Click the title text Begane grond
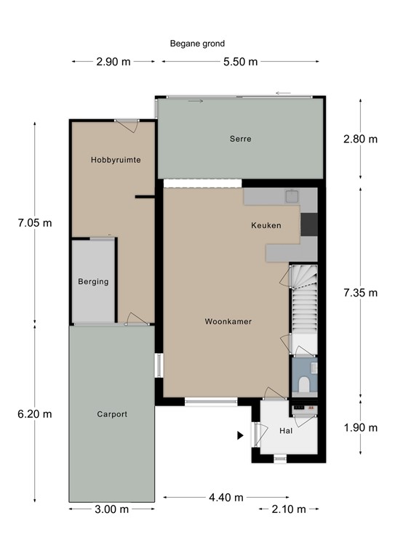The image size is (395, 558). click(197, 44)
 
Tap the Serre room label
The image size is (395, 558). click(240, 139)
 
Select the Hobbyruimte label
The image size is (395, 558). click(116, 159)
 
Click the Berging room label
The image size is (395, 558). click(93, 282)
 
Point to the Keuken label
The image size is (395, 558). click(266, 225)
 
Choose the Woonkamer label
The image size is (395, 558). click(228, 321)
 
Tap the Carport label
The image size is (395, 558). click(112, 414)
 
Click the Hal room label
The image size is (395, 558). click(285, 431)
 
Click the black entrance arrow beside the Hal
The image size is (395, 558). click(239, 435)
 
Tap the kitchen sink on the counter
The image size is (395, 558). click(292, 195)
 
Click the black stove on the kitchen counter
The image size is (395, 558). click(308, 225)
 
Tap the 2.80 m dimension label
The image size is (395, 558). click(361, 139)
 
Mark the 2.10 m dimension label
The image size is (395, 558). click(290, 509)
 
